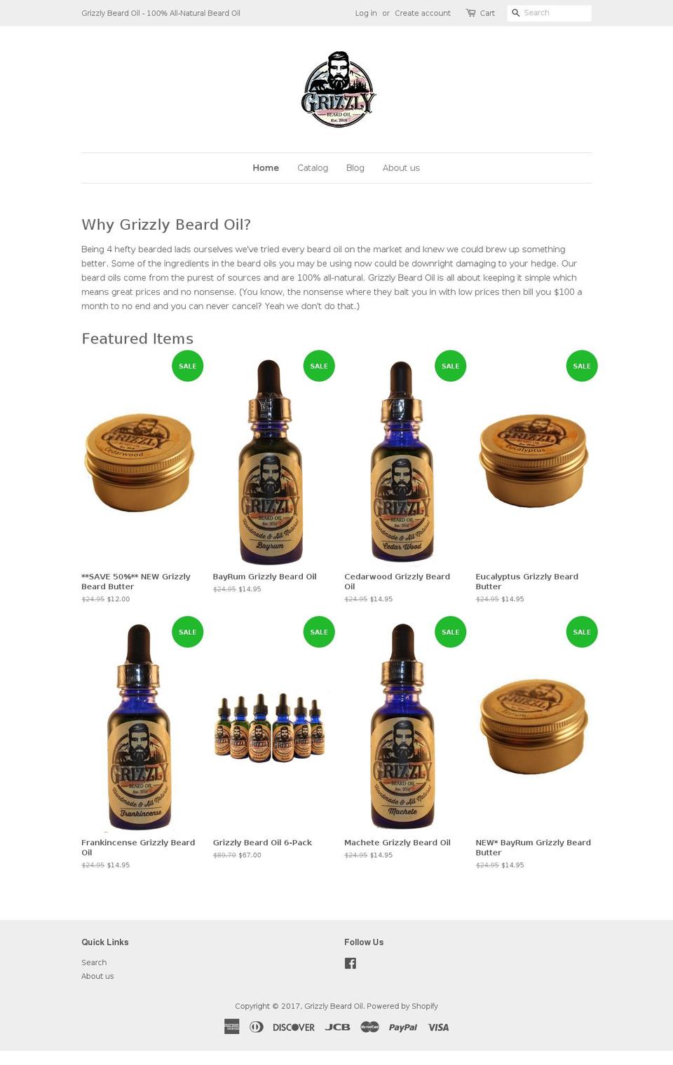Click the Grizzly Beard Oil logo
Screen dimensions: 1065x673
click(x=338, y=89)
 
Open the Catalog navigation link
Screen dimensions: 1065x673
click(x=313, y=168)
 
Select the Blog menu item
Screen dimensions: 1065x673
click(x=355, y=168)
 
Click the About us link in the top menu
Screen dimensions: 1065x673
click(x=401, y=168)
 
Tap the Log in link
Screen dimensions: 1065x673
click(x=365, y=13)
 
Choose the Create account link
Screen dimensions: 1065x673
click(x=422, y=13)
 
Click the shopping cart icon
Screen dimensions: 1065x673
click(x=470, y=13)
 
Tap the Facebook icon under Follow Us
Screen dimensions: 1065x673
click(x=351, y=963)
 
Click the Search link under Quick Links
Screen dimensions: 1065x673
click(x=94, y=963)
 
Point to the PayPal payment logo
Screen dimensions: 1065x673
click(x=403, y=1027)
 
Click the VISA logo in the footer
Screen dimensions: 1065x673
click(x=439, y=1027)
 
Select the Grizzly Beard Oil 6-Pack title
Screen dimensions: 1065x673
click(x=262, y=843)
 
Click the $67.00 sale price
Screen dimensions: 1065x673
click(x=250, y=856)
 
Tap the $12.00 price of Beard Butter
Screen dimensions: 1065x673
click(x=118, y=599)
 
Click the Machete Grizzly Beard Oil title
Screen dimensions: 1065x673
click(x=397, y=843)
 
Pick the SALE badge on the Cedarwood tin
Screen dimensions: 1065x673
click(x=187, y=366)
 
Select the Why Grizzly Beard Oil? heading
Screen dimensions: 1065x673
click(x=166, y=225)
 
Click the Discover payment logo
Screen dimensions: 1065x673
click(x=293, y=1027)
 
